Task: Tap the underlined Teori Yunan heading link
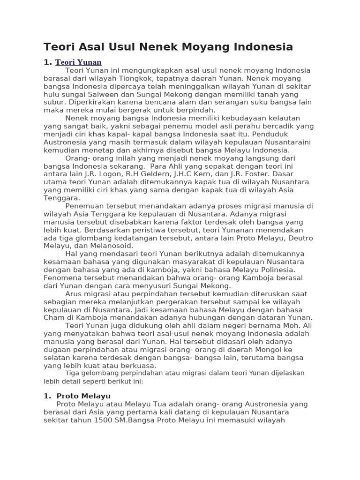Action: click(78, 62)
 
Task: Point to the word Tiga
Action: click(73, 373)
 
